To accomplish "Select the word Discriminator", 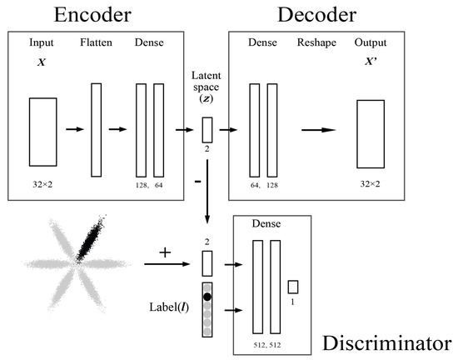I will pos(388,342).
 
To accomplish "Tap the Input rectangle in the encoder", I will pos(42,131).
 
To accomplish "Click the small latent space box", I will pos(207,129).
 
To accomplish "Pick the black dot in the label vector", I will pos(207,296).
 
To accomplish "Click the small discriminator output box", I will pos(293,287).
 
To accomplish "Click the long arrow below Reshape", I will pos(319,129).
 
